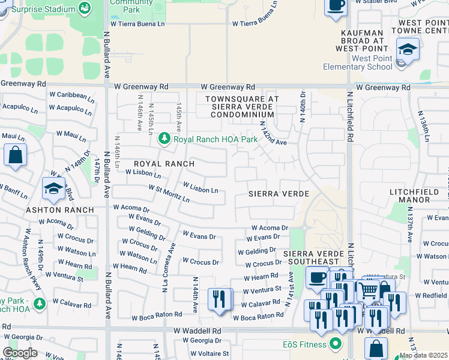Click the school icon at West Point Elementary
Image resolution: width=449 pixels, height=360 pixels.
[408, 49]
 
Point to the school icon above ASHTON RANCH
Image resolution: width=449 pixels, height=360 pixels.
[53, 188]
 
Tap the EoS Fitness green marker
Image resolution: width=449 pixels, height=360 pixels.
[335, 344]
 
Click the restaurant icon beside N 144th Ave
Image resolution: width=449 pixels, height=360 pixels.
[220, 299]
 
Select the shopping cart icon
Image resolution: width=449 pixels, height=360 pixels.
[368, 290]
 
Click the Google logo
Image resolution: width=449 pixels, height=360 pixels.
[20, 353]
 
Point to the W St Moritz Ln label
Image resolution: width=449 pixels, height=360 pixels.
[169, 193]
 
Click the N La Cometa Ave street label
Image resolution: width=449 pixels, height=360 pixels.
[169, 267]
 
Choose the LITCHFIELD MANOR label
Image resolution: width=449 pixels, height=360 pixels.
[418, 197]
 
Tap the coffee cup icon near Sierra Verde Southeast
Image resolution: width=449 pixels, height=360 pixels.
[317, 277]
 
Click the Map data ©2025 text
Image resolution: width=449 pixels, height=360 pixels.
[423, 355]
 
